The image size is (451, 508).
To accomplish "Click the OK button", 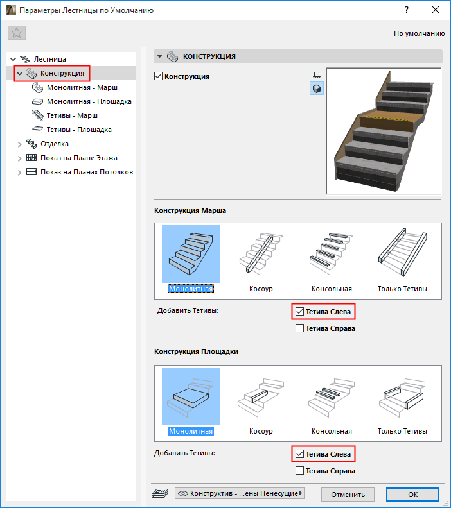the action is point(412,495).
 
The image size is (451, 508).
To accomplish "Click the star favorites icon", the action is point(17,33).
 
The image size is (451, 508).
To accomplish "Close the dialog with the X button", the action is point(436,10).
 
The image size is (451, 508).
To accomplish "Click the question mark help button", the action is point(407,10).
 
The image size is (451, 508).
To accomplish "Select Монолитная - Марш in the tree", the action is point(82,87).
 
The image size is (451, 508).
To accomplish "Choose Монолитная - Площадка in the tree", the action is point(89,101).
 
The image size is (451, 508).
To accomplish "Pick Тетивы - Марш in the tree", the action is point(72,115).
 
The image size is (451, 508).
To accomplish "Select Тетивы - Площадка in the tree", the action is point(79,130).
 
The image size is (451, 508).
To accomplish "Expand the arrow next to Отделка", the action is point(19,144).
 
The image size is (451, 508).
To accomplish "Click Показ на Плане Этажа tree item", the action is point(79,158).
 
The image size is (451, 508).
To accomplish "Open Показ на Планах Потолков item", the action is point(87,172).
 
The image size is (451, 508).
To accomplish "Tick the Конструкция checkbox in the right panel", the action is point(158,76).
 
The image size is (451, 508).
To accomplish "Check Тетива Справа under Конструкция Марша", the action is point(299,328).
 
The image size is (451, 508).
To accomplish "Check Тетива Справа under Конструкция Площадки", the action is point(299,470).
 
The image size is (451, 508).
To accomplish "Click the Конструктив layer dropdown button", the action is point(240,493).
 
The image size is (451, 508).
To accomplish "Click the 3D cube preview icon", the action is point(317,89).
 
